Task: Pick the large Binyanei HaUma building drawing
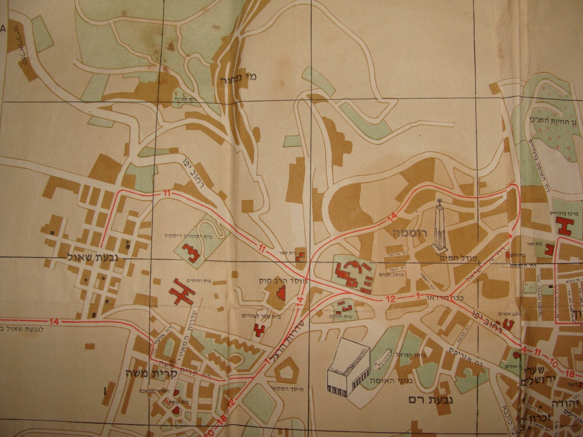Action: click(348, 368)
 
